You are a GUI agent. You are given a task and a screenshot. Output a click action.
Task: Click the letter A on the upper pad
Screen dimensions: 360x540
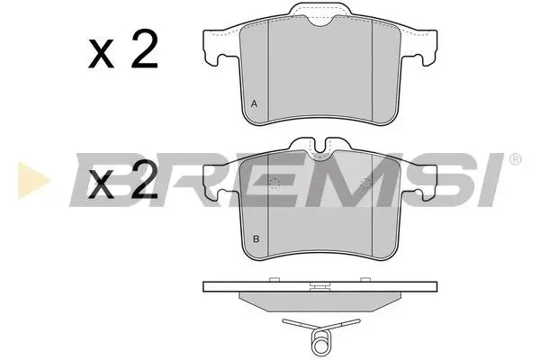tap(255, 104)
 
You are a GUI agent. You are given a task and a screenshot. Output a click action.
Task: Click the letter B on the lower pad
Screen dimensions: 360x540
tap(256, 238)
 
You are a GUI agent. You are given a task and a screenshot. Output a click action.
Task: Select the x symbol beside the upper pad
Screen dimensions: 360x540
tap(100, 56)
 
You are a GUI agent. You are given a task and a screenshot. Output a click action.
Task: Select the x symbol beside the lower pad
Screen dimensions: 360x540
tap(100, 187)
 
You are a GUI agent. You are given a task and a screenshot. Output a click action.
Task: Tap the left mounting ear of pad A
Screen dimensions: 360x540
tap(215, 49)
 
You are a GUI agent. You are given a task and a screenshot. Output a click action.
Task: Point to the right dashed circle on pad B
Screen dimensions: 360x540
tap(365, 185)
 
